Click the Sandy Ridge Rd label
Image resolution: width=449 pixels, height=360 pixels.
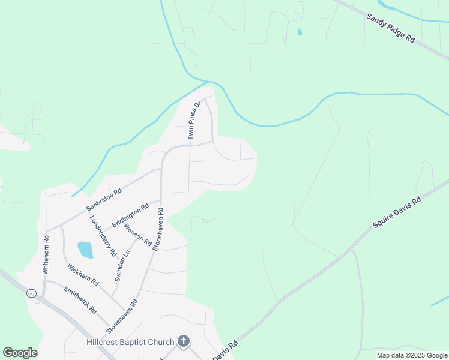[391, 28]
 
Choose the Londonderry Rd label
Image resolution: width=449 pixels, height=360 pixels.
[102, 236]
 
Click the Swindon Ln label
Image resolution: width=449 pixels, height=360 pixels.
[122, 266]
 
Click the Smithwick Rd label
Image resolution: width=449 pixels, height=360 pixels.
[80, 299]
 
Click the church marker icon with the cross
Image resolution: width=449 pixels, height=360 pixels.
[184, 342]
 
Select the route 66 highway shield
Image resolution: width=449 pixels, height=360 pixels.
[31, 294]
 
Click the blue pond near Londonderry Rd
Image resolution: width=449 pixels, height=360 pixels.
[85, 250]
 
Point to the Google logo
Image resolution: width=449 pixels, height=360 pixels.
[20, 353]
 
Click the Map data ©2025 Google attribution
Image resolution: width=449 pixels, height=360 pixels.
[412, 355]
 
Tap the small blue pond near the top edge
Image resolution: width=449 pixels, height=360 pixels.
[299, 32]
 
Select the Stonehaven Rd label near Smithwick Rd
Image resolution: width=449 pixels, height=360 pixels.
[122, 316]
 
